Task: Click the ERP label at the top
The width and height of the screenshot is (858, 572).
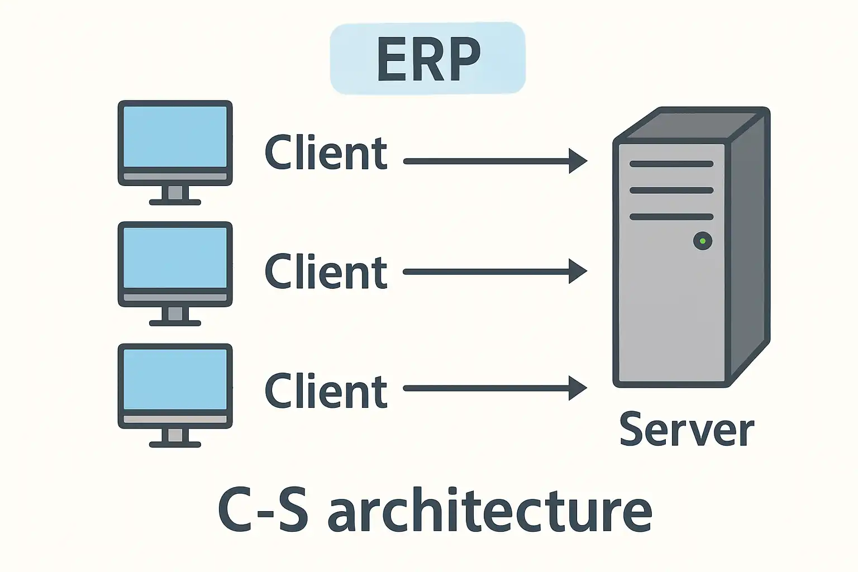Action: pos(428,58)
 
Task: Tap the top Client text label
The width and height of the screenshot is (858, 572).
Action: pos(326,153)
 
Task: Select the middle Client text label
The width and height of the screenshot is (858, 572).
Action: pos(326,272)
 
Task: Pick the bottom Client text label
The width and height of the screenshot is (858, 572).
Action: pos(326,391)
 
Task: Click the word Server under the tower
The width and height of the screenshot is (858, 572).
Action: pos(687,430)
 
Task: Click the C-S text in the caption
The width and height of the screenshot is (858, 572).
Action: pos(263,511)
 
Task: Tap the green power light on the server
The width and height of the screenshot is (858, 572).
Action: pos(702,241)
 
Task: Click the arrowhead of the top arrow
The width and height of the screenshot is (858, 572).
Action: pos(578,161)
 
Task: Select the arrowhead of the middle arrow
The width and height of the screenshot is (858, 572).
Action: pos(578,271)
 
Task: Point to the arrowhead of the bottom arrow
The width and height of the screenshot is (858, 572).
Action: pos(578,388)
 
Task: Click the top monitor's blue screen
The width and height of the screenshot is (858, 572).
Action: pos(175,136)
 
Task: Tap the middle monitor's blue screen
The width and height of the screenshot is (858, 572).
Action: pos(175,258)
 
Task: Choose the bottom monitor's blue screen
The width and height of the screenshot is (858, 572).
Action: pos(175,379)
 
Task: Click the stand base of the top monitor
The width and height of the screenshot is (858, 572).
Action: pos(175,202)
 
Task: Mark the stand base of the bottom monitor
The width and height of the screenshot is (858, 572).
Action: pos(175,445)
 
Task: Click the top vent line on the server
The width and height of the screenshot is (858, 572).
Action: pos(671,164)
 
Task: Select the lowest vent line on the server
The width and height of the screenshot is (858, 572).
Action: pos(671,217)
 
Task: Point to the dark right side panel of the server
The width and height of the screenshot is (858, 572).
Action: pos(749,246)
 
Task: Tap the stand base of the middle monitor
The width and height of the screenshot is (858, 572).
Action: pos(175,323)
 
